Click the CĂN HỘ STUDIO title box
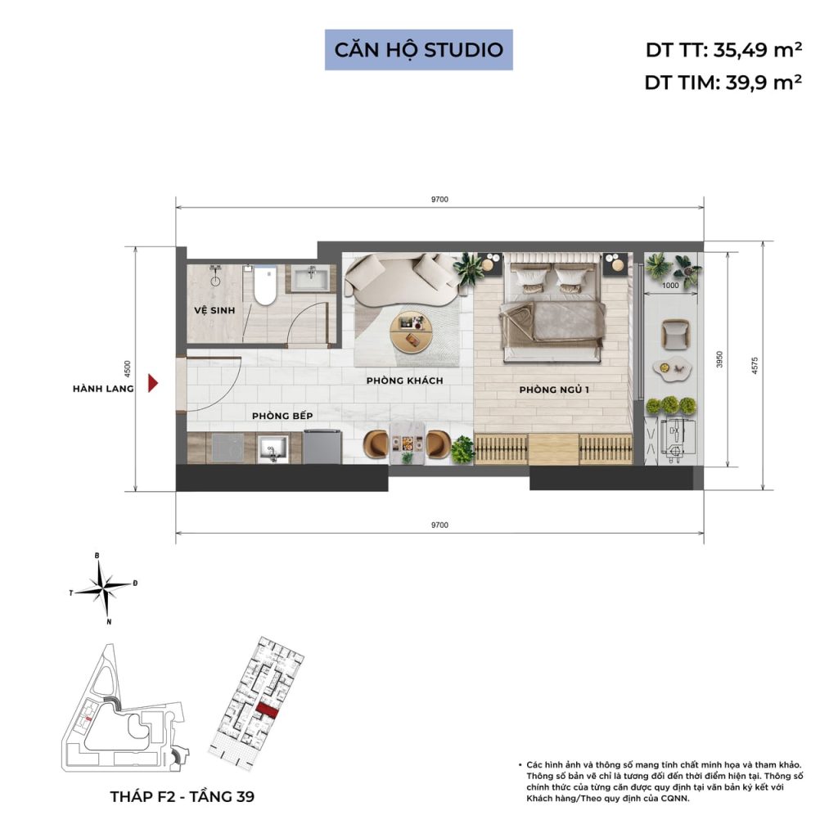(x=418, y=49)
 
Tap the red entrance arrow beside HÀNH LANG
(x=152, y=382)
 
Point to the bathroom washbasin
(x=312, y=278)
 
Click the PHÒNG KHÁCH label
(x=404, y=381)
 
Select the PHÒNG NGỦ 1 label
(x=554, y=390)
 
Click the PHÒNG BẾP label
(x=282, y=416)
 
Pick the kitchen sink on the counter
(x=270, y=448)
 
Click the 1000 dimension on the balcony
(x=671, y=286)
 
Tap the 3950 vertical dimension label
(x=718, y=361)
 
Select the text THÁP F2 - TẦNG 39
(x=182, y=796)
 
